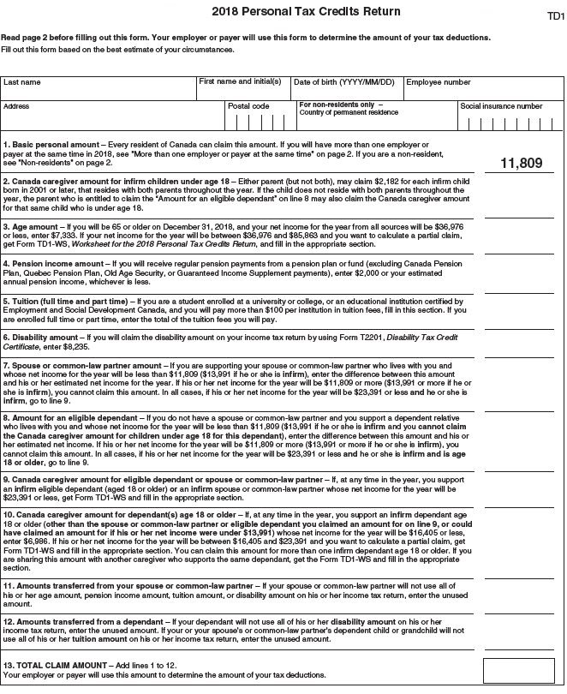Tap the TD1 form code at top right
click(x=554, y=16)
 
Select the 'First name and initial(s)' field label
click(x=239, y=82)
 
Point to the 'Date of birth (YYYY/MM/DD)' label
click(x=343, y=83)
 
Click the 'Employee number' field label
click(x=438, y=83)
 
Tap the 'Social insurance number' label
click(x=501, y=106)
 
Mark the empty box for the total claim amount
click(x=518, y=670)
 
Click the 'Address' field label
click(x=16, y=106)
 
